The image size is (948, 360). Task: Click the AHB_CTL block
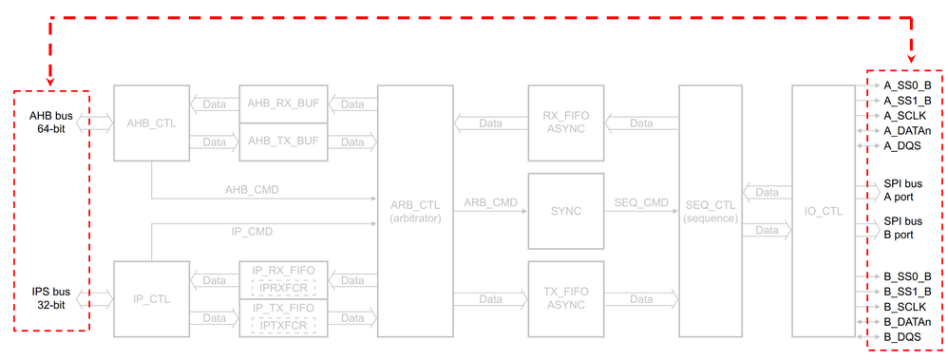(x=151, y=123)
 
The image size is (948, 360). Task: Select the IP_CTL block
(x=151, y=298)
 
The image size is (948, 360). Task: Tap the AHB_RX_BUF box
(x=281, y=104)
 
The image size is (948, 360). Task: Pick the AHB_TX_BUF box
(x=281, y=142)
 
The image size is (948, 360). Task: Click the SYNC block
(x=565, y=210)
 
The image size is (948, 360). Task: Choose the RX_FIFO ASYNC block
(x=565, y=123)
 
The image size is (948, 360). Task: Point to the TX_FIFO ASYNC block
(x=565, y=298)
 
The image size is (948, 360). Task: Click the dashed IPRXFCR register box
(x=281, y=287)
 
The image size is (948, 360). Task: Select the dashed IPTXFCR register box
(x=281, y=325)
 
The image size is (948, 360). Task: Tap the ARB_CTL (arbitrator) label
(x=415, y=211)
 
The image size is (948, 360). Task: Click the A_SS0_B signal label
(x=906, y=85)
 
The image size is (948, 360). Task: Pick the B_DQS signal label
(x=902, y=336)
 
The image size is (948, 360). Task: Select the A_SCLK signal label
(x=904, y=116)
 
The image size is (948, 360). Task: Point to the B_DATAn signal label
(x=906, y=321)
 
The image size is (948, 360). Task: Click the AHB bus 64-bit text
(x=50, y=122)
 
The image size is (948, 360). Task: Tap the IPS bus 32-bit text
(x=50, y=297)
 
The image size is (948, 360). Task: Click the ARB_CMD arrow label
(x=490, y=203)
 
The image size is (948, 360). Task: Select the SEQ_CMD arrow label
(x=641, y=203)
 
